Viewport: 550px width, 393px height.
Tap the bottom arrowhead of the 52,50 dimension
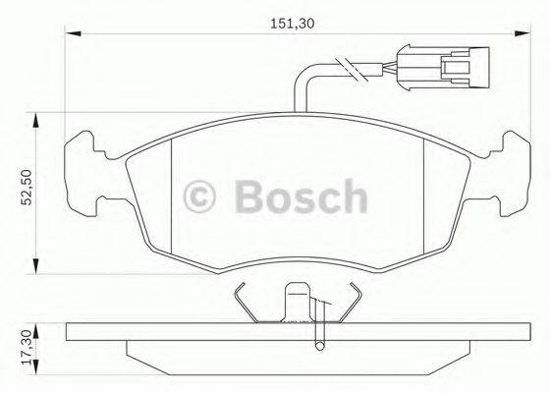(37, 266)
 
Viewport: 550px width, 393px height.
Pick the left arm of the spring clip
(246, 299)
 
